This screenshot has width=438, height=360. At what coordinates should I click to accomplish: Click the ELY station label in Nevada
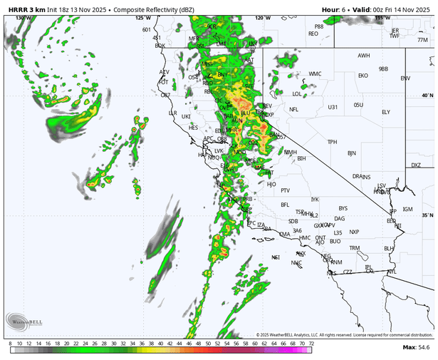coord(386,112)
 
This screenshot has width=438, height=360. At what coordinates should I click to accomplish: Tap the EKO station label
coord(363,75)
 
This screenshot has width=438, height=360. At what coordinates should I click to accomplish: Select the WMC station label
coord(315,73)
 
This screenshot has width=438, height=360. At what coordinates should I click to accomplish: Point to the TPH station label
coord(332,142)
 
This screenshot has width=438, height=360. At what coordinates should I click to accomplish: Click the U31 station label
coord(333,107)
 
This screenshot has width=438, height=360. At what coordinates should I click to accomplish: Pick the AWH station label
coord(364,56)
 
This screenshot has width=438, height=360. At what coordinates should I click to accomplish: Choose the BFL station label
coord(286,205)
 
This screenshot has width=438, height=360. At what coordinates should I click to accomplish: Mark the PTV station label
coord(286,190)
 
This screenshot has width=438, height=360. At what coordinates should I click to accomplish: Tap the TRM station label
coord(355,248)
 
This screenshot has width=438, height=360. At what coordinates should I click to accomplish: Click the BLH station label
coord(389,248)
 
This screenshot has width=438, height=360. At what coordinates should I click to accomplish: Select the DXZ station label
coord(416,165)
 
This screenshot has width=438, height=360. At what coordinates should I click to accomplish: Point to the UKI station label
coord(187,116)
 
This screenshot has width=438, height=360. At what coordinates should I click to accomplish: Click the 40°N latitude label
coord(427,96)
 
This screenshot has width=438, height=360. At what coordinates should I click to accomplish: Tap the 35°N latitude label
coord(427,215)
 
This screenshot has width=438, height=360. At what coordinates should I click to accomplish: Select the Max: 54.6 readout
coord(418,347)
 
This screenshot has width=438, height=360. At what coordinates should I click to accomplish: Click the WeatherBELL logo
coord(18,322)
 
